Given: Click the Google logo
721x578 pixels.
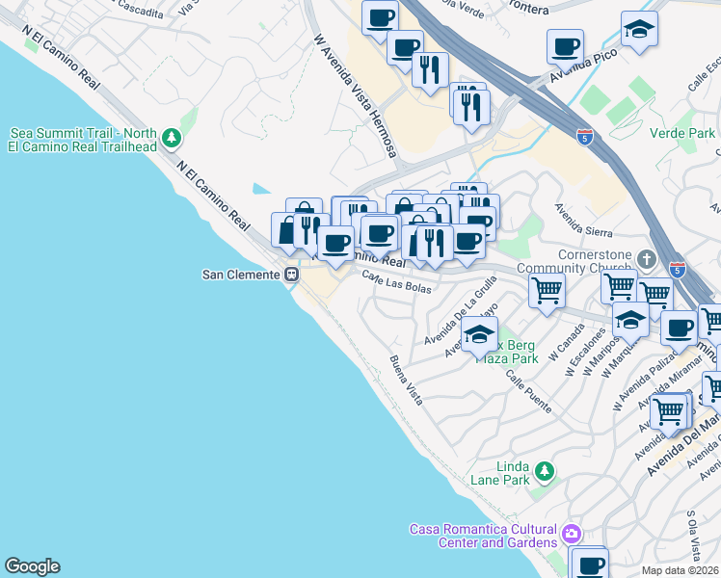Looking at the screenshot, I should point(32,566).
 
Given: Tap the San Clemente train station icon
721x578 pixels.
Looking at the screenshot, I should point(289,275).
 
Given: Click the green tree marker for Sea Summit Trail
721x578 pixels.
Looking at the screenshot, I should point(171,139).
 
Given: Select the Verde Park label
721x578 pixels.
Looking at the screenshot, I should point(681,132).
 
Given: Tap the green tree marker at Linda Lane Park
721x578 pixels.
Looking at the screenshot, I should point(545,471).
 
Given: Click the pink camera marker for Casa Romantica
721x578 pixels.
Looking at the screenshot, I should point(572,533).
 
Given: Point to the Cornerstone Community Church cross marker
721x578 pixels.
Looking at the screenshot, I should point(646,260).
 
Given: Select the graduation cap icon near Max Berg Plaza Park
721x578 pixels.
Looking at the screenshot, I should point(477,336).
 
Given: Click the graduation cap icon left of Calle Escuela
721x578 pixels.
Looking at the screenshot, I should point(639,30).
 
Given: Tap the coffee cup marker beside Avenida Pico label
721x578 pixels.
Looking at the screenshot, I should point(565,45).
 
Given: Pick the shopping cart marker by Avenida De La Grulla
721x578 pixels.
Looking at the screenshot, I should point(547,288).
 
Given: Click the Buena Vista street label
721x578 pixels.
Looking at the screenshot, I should point(406,380).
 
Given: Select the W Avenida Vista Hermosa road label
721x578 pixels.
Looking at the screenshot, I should point(356,97).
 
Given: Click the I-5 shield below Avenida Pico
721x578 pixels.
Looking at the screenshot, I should point(586,137).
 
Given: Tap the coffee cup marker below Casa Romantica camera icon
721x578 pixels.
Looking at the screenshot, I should point(589,564).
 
